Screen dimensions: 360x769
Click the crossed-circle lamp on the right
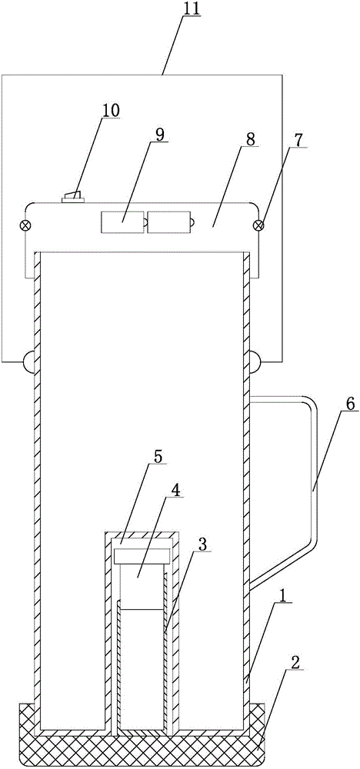[x=260, y=225]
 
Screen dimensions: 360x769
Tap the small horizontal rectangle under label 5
[x=142, y=556]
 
